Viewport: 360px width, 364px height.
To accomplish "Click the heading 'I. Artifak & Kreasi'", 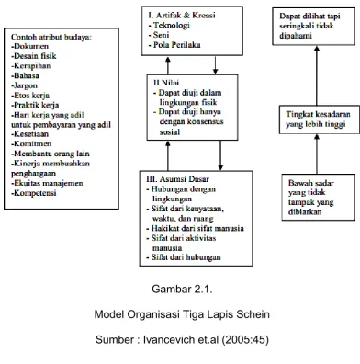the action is [x=182, y=16].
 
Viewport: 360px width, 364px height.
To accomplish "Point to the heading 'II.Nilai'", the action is [x=166, y=83].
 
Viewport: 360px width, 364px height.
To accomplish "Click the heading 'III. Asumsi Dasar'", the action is [x=178, y=179].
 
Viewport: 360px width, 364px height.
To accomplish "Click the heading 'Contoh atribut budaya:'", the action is [x=51, y=37].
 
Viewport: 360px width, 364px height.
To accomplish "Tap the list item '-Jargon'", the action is [x=24, y=85].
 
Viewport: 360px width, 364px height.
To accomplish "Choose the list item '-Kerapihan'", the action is [x=31, y=66].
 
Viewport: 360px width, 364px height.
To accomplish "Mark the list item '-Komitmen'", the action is [x=31, y=144].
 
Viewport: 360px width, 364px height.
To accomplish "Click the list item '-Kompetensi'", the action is [x=34, y=193].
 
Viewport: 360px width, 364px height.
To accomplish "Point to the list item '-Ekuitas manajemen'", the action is [x=47, y=183].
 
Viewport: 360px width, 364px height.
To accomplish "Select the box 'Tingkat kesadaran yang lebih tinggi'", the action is [x=320, y=119].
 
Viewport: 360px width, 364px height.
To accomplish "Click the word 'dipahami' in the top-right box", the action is [x=296, y=36].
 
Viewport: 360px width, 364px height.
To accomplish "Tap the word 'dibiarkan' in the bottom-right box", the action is [x=305, y=212].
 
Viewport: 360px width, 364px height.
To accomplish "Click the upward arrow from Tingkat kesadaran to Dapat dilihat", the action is [x=317, y=76].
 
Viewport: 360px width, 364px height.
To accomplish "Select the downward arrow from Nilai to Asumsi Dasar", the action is [x=220, y=155].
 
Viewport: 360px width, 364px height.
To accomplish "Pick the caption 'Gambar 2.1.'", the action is [x=182, y=289].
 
